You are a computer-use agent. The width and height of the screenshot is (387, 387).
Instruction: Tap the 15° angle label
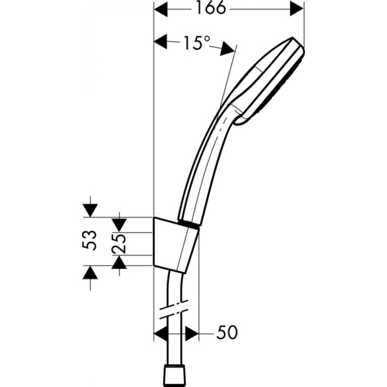pos(195,43)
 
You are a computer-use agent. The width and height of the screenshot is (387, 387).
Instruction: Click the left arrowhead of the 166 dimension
pos(161,9)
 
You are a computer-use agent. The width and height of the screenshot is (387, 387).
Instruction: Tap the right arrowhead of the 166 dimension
pos(296,9)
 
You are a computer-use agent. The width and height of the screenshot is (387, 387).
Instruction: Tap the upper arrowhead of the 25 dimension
pos(119,224)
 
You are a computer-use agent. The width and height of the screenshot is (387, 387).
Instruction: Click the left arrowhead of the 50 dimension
pos(161,333)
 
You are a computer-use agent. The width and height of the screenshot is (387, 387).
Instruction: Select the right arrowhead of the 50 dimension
pos(192,333)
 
